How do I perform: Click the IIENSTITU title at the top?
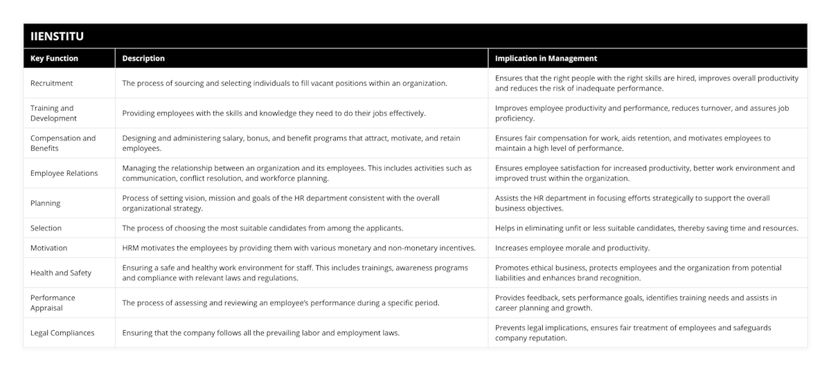pos(58,36)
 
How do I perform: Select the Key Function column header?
pos(55,59)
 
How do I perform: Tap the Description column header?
pos(143,59)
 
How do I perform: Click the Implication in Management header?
pos(546,59)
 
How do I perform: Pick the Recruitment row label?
pos(52,83)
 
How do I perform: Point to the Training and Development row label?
pos(53,113)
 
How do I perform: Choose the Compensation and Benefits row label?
pos(63,143)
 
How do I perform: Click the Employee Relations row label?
pos(64,173)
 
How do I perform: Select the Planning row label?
pos(46,203)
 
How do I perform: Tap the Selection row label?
pos(46,228)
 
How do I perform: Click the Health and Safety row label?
pos(61,273)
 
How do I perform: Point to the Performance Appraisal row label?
pos(53,302)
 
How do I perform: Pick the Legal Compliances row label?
pos(62,333)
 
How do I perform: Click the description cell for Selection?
pos(262,228)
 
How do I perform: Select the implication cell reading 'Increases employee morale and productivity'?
pos(573,248)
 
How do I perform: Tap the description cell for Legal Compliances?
pos(261,333)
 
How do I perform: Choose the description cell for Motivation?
pos(298,248)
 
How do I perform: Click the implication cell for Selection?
pos(646,228)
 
